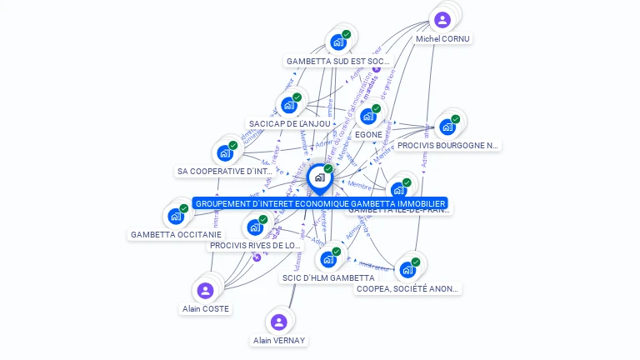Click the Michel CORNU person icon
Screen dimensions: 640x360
pos(442,19)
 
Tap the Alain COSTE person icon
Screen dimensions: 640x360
pos(206,290)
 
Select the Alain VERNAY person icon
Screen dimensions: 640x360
pos(279,322)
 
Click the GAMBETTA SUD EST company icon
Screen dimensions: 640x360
pos(337,42)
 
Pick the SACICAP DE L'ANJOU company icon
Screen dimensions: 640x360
pos(288,105)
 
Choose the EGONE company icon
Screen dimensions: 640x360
pos(367,116)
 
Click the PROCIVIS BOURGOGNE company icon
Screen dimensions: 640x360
pos(447,127)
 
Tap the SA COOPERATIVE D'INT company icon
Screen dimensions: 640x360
pos(225,152)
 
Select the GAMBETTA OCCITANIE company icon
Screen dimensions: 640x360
pos(176,216)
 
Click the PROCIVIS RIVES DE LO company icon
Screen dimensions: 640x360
pos(255,227)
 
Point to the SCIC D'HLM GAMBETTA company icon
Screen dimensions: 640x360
pos(328,259)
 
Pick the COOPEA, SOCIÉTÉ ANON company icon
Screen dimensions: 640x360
pos(407,269)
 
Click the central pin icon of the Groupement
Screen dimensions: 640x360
pos(319,177)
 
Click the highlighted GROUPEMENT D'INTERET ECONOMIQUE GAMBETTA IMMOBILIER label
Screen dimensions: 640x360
pos(321,203)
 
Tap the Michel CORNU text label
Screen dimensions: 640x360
pos(442,38)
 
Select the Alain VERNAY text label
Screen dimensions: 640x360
pos(279,340)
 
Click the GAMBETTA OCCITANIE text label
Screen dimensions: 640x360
pos(176,235)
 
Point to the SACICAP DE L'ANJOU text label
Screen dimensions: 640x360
pos(289,123)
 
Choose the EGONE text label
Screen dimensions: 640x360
pos(368,134)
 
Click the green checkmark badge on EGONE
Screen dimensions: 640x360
pos(377,108)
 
